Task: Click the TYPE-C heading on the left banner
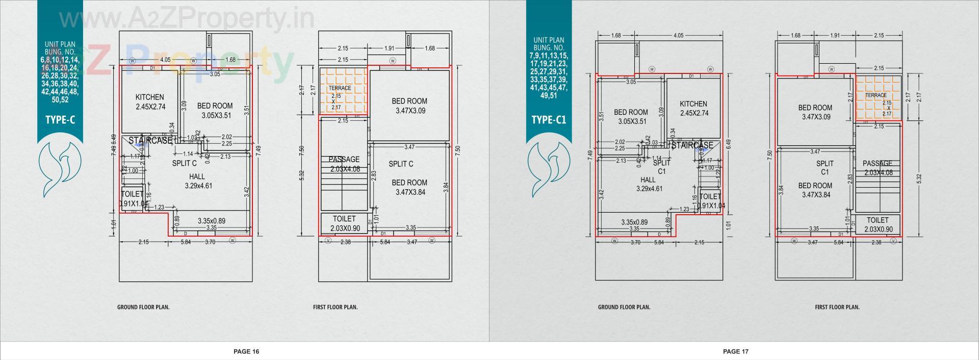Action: [x=60, y=120]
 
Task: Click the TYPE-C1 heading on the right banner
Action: [x=549, y=120]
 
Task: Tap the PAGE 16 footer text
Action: [x=246, y=351]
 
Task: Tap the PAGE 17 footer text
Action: [x=735, y=351]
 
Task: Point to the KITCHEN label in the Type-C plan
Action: [x=149, y=97]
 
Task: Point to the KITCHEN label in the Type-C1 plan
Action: [x=693, y=104]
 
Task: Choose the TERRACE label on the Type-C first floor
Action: [x=340, y=88]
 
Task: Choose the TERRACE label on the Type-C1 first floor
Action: [x=876, y=95]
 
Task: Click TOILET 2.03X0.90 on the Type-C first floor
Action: [x=344, y=223]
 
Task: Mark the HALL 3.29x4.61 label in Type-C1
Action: [x=649, y=184]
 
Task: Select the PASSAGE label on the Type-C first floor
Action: [x=344, y=160]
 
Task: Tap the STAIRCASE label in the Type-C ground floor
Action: [x=150, y=141]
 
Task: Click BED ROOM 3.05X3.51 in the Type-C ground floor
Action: [x=215, y=111]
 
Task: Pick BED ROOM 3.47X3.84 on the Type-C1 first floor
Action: [x=815, y=190]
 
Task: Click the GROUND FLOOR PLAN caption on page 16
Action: [x=143, y=307]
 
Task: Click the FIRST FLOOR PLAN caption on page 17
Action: [x=837, y=307]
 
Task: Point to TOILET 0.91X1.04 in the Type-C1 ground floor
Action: [x=710, y=201]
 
